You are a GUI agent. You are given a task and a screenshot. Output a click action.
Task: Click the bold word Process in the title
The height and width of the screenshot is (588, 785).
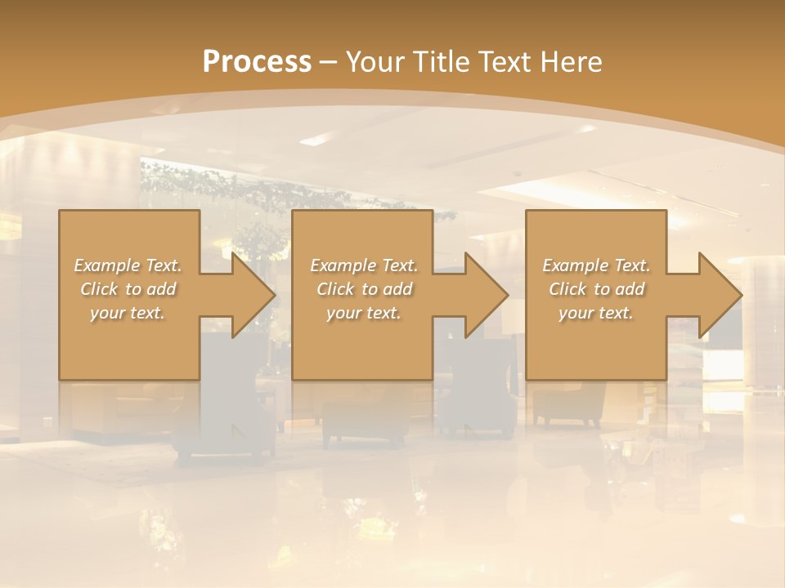click(x=257, y=62)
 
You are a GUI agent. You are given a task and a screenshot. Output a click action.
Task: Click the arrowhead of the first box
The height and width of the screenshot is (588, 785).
click(x=253, y=295)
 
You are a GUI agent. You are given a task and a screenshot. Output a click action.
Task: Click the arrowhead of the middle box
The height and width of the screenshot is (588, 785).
click(x=487, y=295)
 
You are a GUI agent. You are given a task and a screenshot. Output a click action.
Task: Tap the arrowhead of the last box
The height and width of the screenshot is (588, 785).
click(x=720, y=295)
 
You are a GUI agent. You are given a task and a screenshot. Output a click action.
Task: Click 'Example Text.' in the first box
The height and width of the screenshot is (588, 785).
click(x=128, y=265)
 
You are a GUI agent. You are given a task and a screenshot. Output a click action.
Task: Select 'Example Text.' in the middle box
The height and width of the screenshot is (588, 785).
click(x=364, y=265)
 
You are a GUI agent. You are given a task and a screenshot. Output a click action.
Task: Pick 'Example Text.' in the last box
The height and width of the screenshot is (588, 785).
click(x=596, y=265)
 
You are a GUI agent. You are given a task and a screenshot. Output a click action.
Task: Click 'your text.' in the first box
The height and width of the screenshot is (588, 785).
click(x=128, y=313)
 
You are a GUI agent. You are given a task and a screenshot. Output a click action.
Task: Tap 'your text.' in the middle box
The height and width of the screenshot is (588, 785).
click(x=364, y=313)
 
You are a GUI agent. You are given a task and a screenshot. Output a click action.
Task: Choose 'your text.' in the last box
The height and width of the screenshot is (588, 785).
click(x=596, y=313)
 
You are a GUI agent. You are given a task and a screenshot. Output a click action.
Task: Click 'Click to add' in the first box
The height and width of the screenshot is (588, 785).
click(x=128, y=289)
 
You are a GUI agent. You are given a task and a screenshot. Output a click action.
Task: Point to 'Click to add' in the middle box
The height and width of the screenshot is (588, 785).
click(x=364, y=289)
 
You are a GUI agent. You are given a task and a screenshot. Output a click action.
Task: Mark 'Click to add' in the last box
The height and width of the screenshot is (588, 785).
click(x=596, y=289)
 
